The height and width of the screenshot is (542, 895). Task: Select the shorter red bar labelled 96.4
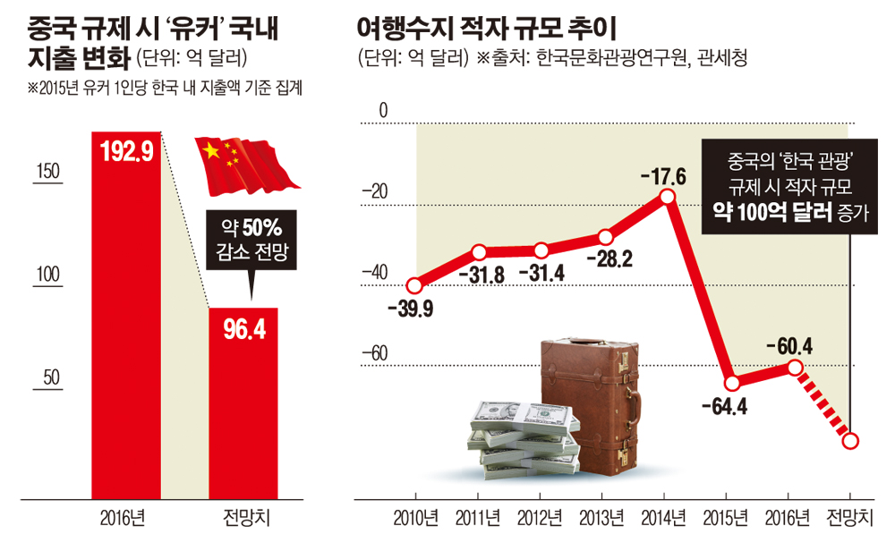(x=243, y=402)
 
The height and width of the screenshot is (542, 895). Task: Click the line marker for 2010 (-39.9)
(x=414, y=286)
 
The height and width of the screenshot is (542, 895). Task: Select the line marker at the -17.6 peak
(x=665, y=196)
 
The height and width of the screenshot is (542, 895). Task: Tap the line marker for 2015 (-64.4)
(x=732, y=383)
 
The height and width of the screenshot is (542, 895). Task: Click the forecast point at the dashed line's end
(x=851, y=440)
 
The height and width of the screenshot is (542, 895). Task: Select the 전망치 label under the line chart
(x=852, y=517)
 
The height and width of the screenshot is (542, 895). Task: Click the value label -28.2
(x=609, y=259)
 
